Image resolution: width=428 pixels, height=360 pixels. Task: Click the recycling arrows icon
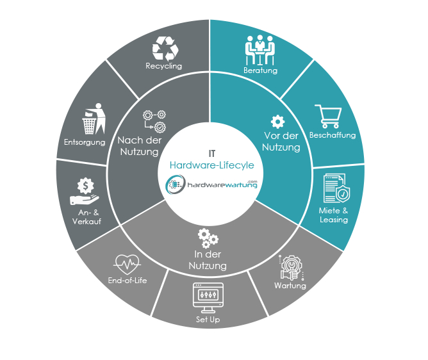coord(165,49)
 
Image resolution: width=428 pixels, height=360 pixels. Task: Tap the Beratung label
coord(260,70)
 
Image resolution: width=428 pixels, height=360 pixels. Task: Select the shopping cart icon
coord(329,117)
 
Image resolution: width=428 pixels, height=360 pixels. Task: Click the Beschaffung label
coord(333,135)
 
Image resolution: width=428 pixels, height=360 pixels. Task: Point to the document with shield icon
coord(336,188)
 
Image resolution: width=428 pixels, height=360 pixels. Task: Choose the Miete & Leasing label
coord(334,215)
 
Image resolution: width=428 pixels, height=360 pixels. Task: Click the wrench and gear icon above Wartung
coord(292,268)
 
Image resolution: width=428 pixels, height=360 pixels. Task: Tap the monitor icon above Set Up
coord(208,298)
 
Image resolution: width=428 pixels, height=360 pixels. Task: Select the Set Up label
coord(208,320)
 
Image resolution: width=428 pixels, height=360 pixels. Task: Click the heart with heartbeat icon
coord(127,264)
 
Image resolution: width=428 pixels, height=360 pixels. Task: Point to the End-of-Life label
coord(128,281)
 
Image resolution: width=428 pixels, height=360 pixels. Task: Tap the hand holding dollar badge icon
coord(85,191)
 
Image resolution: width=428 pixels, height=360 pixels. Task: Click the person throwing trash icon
coord(94,119)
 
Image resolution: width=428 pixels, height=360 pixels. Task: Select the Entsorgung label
coord(85,142)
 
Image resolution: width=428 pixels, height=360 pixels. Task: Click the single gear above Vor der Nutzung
coord(277,122)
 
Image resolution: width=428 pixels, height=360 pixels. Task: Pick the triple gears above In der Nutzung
coord(208,238)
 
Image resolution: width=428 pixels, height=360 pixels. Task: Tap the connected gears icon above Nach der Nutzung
coord(154,122)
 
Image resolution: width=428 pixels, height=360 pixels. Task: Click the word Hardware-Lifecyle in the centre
coord(212,165)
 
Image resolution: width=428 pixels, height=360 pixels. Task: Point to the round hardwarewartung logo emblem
coord(176,184)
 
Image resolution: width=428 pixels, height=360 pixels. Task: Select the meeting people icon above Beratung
coord(260,50)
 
